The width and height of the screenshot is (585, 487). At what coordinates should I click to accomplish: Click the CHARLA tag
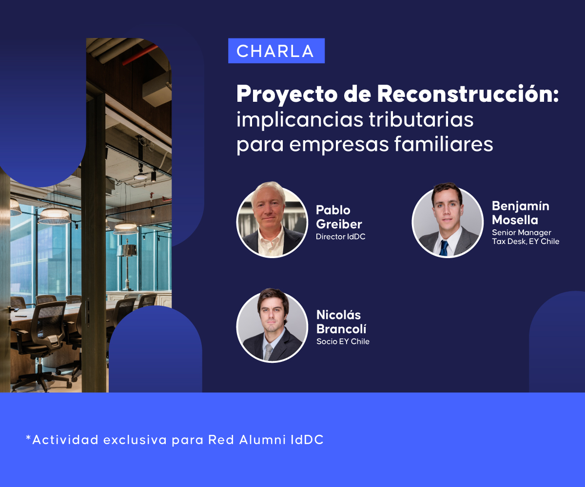coord(276,51)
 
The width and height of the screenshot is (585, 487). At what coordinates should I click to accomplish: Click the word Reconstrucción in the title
coord(468,94)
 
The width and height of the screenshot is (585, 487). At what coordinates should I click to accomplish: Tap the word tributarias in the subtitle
coord(421,119)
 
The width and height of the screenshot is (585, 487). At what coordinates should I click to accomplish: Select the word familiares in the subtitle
coord(444,144)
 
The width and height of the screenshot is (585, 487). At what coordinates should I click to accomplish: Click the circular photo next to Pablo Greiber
coord(272,220)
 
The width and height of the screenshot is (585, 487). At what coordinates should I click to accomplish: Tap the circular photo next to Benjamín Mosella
coord(448,220)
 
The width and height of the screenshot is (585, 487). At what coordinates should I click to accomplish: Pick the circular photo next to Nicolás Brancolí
coord(272,325)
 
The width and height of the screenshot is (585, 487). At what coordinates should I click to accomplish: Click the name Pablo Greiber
coord(339,217)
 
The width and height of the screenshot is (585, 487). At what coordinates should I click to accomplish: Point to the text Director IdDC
coord(340,237)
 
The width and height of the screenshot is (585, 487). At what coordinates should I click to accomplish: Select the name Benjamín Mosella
coord(520,213)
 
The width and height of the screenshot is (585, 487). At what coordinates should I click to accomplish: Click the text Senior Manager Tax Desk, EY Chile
coord(526,237)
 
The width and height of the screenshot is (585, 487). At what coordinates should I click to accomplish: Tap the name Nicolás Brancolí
coord(341,322)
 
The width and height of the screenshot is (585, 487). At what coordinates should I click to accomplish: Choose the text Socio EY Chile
coord(343,341)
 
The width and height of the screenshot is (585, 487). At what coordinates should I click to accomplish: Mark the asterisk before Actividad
coord(28,437)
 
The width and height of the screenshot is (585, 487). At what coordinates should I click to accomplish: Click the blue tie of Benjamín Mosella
coord(444,248)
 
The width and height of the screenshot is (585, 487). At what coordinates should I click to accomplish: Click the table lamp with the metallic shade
coord(127,264)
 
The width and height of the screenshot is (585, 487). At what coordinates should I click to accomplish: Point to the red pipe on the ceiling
coord(140,55)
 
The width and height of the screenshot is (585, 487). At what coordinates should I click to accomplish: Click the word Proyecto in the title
coord(287,95)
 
